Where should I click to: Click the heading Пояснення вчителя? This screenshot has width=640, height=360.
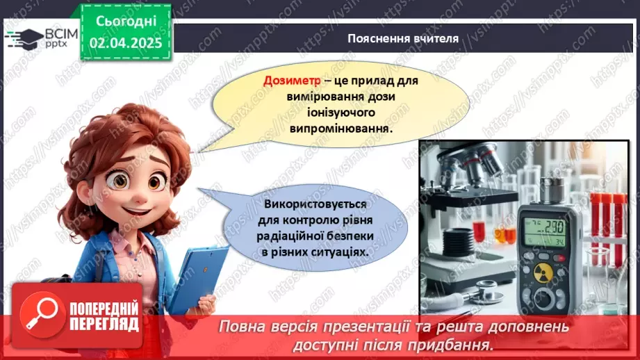pos(403,38)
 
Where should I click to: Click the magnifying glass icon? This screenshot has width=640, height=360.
pos(40,313)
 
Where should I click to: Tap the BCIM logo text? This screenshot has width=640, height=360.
pos(61,32)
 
